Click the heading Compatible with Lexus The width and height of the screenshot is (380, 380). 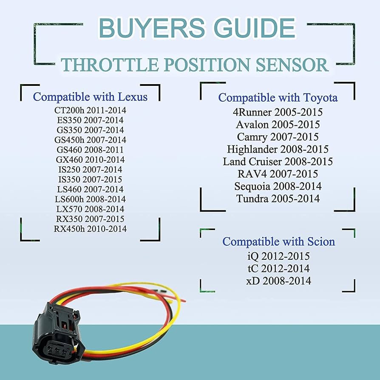coord(90,96)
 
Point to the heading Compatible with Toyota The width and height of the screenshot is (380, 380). coord(278,97)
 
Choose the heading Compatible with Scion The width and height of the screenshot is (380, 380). coord(278,241)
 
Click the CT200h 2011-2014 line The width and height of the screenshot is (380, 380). coord(90,110)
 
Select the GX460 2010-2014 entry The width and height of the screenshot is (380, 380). coord(90,159)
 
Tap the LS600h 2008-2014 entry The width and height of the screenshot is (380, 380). coord(90,199)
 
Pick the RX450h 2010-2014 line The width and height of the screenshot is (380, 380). coord(90,229)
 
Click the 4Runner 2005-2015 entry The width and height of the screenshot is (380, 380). coord(278,113)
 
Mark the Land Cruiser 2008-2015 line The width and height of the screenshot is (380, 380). coord(278,162)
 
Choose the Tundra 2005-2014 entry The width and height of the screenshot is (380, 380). coord(278,199)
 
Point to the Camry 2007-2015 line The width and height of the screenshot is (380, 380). coord(278,137)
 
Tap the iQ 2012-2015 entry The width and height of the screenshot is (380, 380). coord(278,256)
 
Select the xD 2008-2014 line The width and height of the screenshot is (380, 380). coord(278,281)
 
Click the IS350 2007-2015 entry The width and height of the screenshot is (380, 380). coord(90,179)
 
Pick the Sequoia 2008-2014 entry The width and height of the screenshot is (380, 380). coord(278,186)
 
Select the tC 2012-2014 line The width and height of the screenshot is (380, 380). coord(278,269)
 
